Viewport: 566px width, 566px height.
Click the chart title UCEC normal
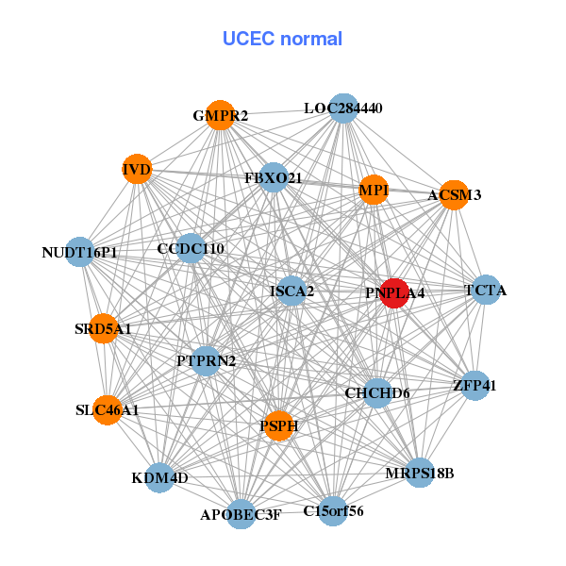coord(282,39)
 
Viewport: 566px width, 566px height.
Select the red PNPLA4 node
coord(393,293)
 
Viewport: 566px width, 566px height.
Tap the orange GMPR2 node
coord(220,115)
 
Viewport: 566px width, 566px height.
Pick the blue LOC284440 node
coord(343,108)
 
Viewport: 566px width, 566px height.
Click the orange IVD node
coord(138,170)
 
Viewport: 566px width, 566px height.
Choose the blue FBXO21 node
coord(273,177)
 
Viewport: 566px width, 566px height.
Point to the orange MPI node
coord(374,190)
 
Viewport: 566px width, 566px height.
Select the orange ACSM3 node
coord(454,195)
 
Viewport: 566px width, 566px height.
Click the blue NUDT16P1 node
coord(80,252)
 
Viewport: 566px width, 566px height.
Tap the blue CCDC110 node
coord(191,249)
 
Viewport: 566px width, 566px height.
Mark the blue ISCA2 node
coord(291,291)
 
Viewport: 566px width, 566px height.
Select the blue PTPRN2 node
coord(206,360)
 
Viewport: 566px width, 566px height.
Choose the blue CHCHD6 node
coord(376,392)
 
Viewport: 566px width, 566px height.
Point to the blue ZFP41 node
coord(474,385)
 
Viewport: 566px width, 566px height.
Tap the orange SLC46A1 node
coord(108,410)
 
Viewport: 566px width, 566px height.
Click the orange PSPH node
coord(278,426)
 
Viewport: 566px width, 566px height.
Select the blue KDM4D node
coord(159,477)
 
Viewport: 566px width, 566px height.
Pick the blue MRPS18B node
coord(420,473)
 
